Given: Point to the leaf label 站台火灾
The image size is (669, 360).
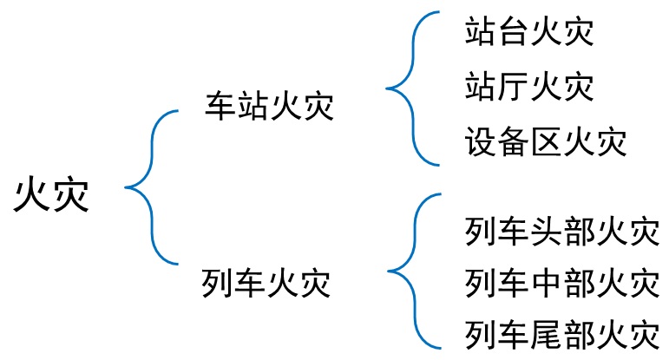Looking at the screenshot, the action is point(529,34).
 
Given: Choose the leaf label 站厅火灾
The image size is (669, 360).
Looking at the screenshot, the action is point(529,87).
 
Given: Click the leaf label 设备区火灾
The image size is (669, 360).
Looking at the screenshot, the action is point(545,141).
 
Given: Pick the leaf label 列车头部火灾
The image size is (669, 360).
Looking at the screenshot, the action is point(561,232).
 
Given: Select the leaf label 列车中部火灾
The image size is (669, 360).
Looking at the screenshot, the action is point(561,283).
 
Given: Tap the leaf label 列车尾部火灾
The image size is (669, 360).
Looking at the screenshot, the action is point(561,334).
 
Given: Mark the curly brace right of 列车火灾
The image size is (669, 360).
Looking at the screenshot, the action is point(408,271).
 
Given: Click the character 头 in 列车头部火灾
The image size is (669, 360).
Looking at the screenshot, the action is point(545,232).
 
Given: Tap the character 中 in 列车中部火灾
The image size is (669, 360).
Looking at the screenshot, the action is point(545,283).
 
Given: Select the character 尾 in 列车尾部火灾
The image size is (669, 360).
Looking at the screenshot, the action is point(545,334).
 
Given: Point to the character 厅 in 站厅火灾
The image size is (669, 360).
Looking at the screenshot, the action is point(513,87).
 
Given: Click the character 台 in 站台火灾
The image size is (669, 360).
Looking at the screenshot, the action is point(513,34).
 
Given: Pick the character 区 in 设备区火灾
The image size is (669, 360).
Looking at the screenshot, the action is point(545,141).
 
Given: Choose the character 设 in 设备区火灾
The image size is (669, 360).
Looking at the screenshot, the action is point(480,141).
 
